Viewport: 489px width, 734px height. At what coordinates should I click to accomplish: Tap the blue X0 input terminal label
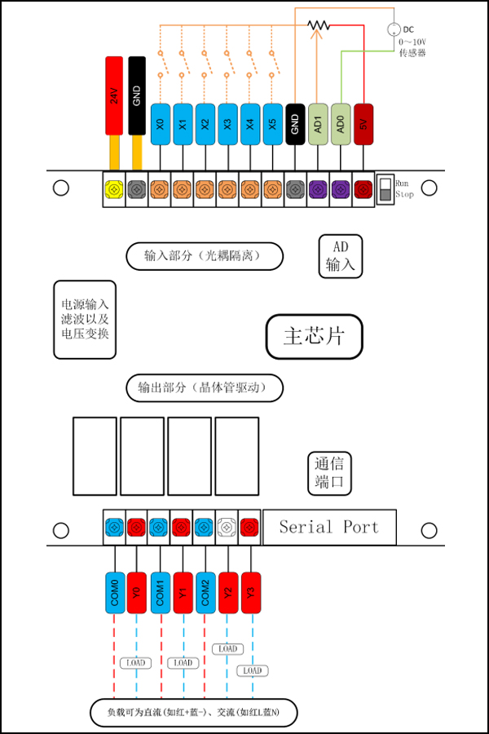click(160, 124)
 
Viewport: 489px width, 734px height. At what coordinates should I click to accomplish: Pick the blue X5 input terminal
click(273, 124)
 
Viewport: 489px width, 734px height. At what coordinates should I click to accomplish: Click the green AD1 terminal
click(318, 124)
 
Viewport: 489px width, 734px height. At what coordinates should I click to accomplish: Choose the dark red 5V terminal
click(363, 124)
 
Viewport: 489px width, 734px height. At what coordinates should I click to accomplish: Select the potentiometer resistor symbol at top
click(319, 25)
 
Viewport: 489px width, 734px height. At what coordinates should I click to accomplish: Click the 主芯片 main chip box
click(314, 337)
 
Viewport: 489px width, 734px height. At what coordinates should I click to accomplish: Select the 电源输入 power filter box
click(85, 319)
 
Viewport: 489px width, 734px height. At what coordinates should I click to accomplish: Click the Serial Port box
click(328, 527)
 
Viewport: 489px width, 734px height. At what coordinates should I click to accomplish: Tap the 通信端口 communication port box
click(329, 472)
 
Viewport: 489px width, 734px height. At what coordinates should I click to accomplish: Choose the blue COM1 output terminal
click(160, 590)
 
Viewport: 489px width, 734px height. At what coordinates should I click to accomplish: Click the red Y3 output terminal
click(250, 590)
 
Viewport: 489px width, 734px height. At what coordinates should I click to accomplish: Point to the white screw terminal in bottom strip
click(227, 527)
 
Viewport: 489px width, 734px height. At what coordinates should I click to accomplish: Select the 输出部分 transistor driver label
click(205, 387)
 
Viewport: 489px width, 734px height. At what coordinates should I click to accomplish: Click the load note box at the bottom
click(193, 712)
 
